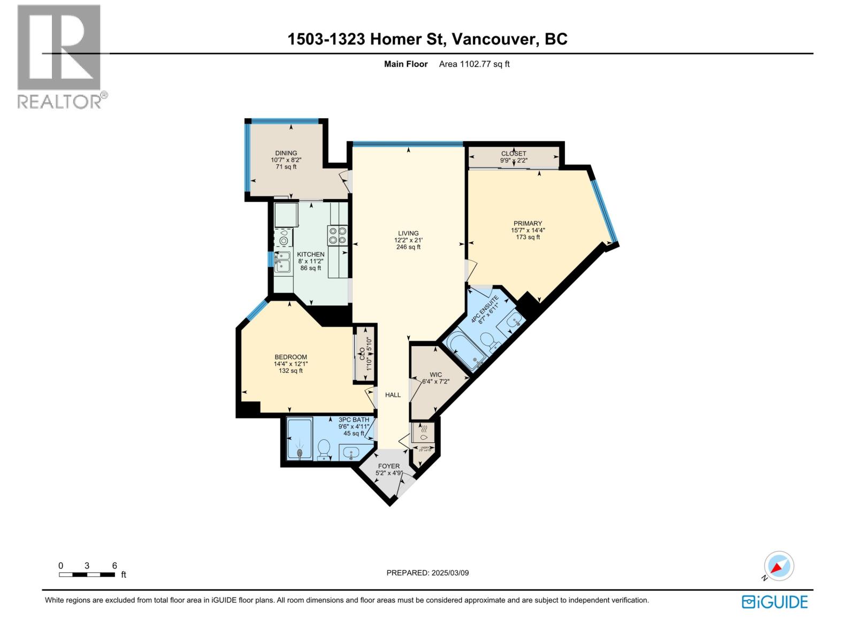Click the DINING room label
[286, 153]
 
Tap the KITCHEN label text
[311, 254]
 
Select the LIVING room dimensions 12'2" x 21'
[408, 240]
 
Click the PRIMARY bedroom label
[528, 224]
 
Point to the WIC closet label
[435, 374]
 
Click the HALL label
[393, 395]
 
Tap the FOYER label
[388, 466]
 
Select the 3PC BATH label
[354, 419]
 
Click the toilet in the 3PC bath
[323, 449]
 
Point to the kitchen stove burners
[338, 235]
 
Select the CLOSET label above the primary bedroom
[514, 154]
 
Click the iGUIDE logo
[775, 602]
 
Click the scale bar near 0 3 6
[87, 575]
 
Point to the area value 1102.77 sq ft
[474, 64]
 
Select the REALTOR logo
[60, 56]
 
